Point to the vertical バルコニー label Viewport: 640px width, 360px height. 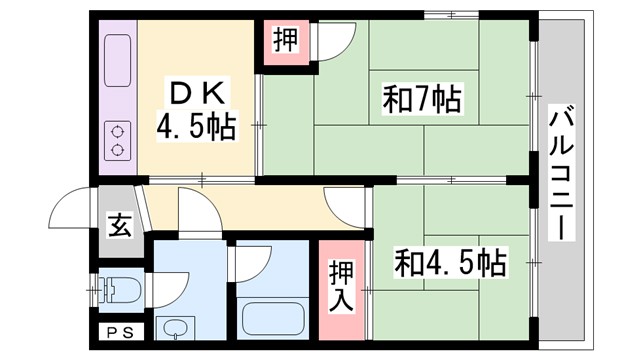[x=560, y=171]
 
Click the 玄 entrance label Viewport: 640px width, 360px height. [x=118, y=225]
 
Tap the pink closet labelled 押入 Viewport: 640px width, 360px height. [x=340, y=286]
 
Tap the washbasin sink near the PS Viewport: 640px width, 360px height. [x=178, y=327]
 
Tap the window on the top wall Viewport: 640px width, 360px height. [x=450, y=15]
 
